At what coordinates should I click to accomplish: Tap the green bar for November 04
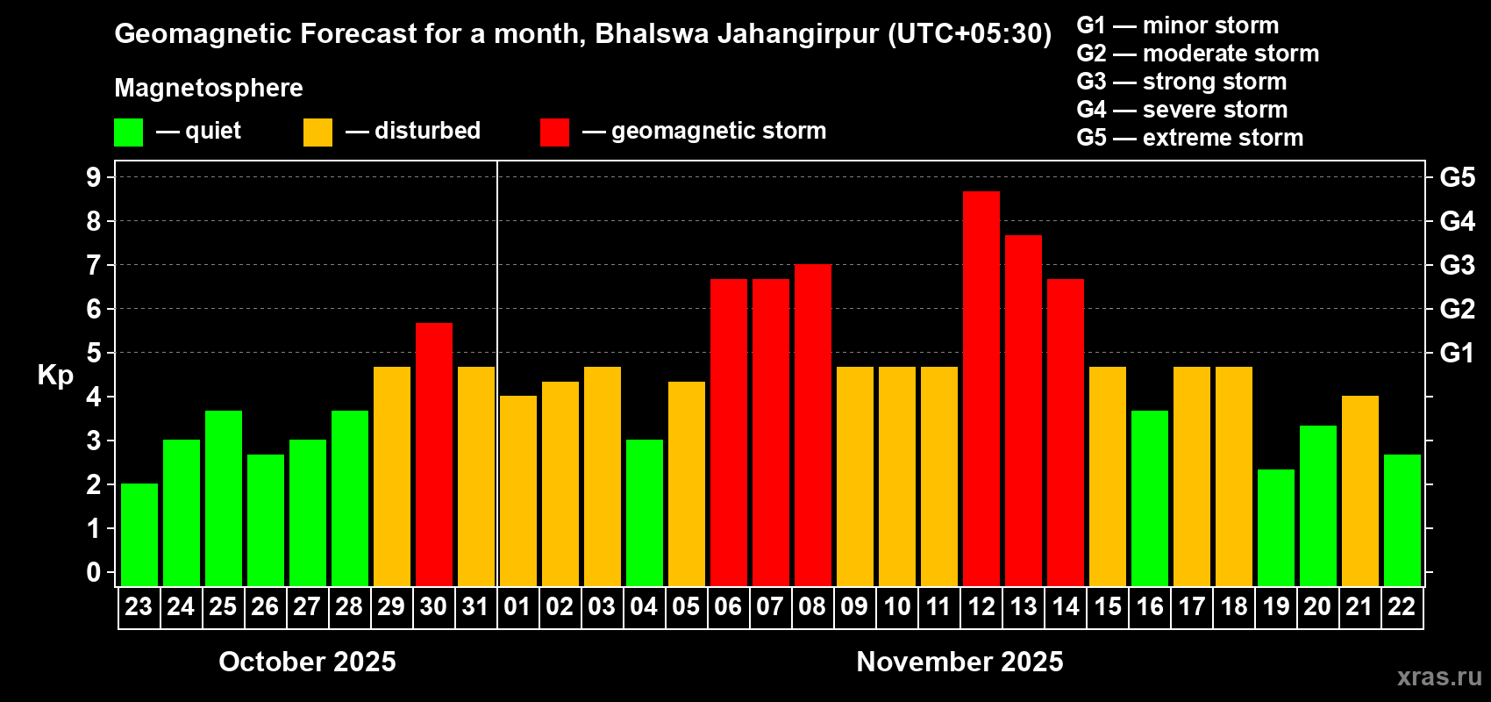coord(644,512)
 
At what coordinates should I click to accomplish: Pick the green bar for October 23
coord(139,534)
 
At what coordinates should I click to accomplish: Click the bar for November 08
coord(812,425)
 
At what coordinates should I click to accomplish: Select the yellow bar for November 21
coord(1359,491)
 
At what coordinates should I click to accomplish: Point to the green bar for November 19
coord(1275,527)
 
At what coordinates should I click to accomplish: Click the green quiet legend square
coord(128,133)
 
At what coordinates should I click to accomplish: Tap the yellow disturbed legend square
coord(317,133)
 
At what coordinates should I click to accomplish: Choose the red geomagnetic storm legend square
coord(554,133)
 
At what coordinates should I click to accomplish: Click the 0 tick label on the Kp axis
coord(94,572)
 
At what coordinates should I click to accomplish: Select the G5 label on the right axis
coord(1457,177)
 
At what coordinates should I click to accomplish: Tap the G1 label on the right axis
coord(1457,353)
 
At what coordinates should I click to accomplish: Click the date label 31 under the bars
coord(475,607)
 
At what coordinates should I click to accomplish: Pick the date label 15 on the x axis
coord(1107,607)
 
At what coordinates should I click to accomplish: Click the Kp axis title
coord(55,376)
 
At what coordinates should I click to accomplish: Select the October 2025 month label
coord(307,662)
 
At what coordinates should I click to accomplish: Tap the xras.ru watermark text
coord(1438,677)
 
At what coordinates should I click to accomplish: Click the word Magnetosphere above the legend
coord(209,88)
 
